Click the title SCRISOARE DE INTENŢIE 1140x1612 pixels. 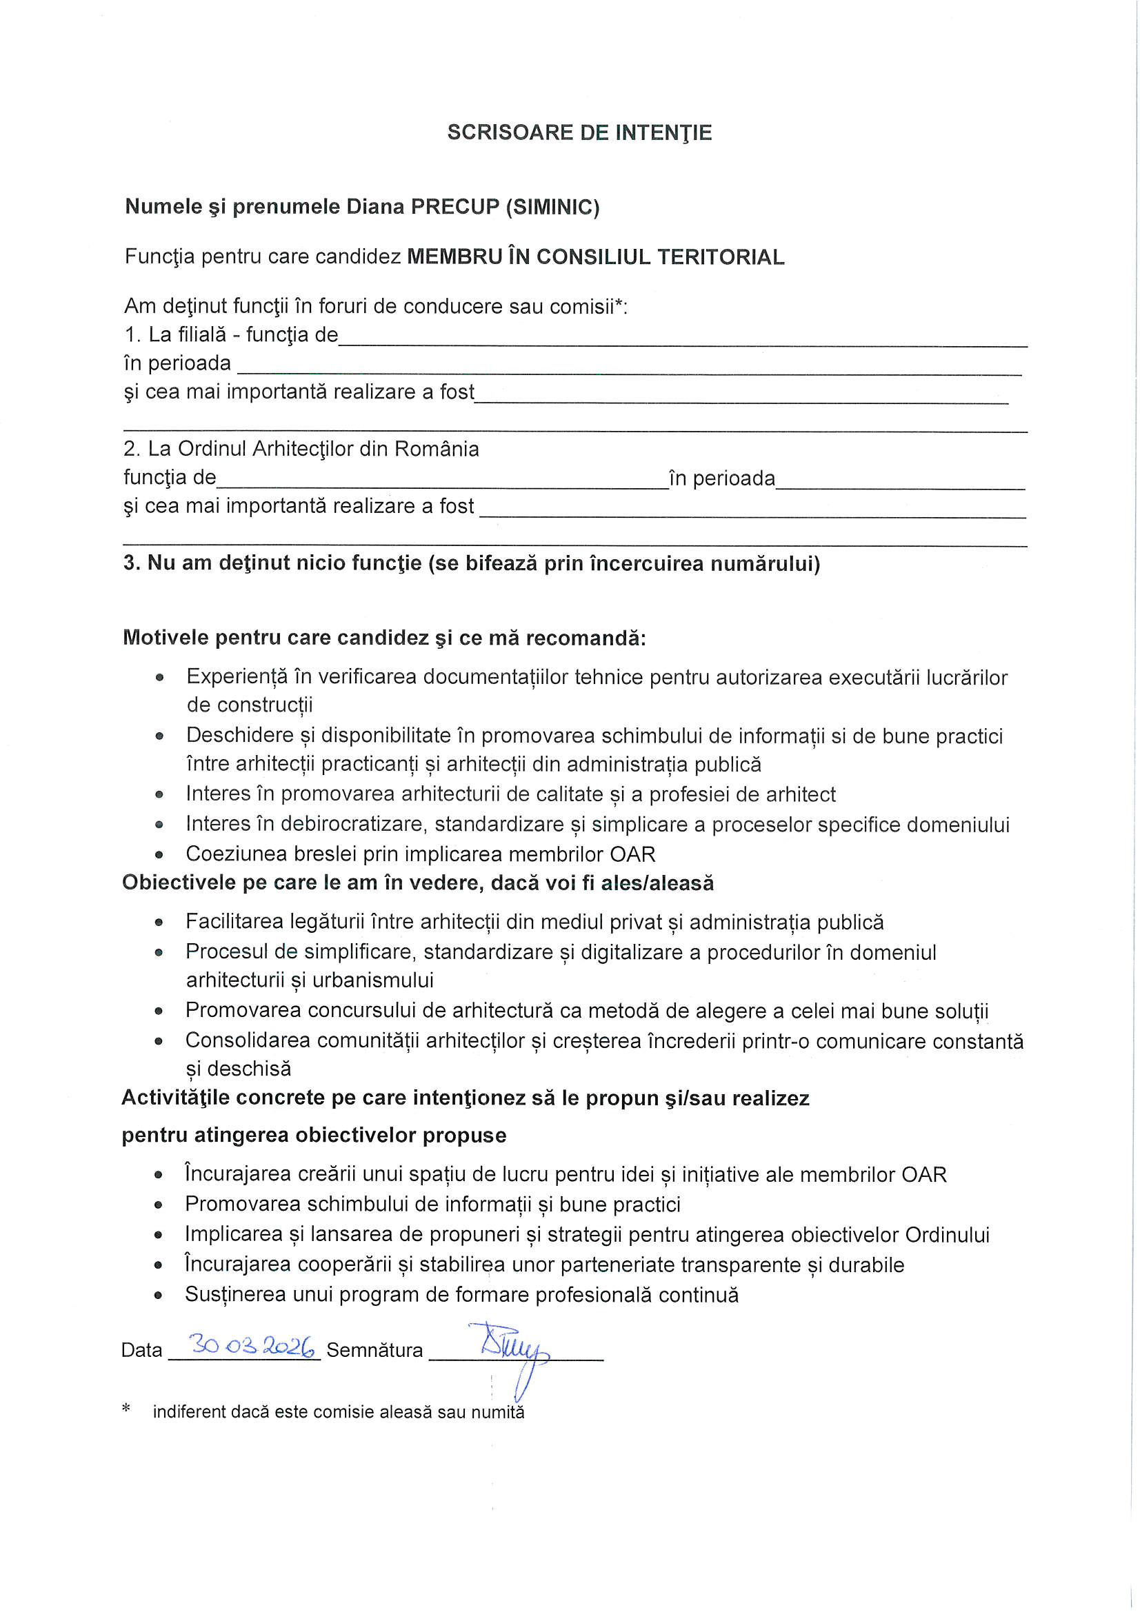(579, 132)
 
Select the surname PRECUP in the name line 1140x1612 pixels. (454, 207)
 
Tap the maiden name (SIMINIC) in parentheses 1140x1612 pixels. (553, 207)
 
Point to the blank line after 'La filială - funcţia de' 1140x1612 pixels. (681, 341)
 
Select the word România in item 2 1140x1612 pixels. (436, 449)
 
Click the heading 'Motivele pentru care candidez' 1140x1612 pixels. (383, 638)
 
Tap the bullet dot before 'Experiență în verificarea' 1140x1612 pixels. (159, 678)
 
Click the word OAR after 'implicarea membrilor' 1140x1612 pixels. (633, 854)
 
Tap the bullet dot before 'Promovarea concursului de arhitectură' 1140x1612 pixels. (159, 1011)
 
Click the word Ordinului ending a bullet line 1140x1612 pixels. (947, 1234)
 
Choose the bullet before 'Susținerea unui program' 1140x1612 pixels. (159, 1295)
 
